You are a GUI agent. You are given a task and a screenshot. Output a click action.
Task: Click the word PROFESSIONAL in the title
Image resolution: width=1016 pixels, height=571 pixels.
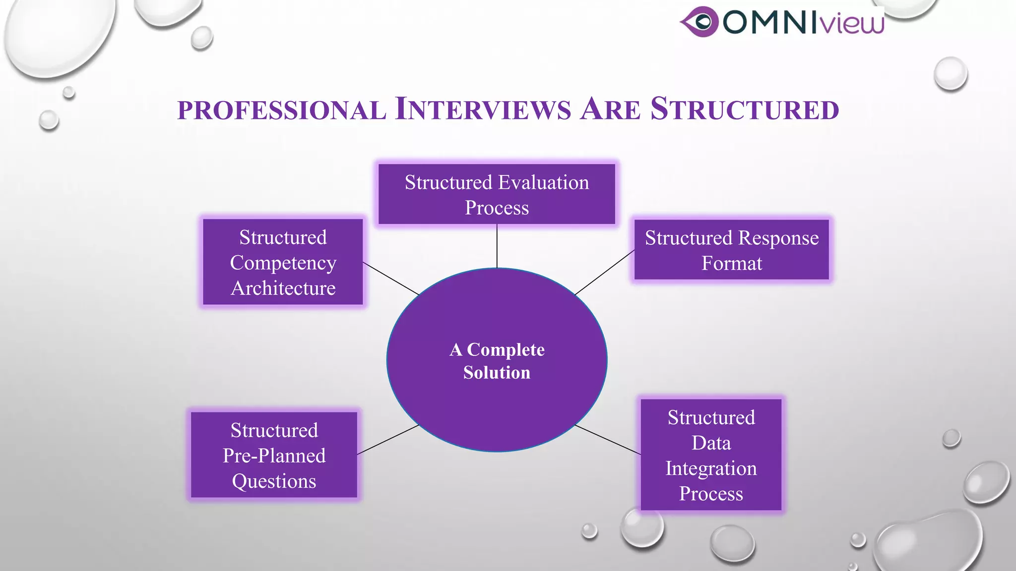[281, 110]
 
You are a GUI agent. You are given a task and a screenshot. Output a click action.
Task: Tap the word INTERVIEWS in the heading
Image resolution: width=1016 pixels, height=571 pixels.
[483, 109]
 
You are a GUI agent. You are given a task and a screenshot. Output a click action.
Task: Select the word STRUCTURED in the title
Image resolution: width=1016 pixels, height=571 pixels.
[744, 109]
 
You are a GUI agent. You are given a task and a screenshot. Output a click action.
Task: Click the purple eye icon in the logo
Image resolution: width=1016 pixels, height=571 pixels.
[699, 22]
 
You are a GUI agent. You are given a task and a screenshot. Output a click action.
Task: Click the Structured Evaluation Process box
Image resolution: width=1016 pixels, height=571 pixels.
[497, 194]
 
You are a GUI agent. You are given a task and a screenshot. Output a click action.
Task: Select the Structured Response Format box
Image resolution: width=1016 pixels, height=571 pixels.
[732, 250]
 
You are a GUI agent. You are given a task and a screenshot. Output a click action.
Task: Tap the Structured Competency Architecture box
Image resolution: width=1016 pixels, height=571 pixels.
[283, 262]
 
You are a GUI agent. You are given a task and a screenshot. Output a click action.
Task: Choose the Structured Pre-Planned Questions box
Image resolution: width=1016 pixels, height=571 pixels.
[274, 455]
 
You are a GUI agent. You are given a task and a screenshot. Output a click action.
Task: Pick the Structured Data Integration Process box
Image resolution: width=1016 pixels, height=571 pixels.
[711, 455]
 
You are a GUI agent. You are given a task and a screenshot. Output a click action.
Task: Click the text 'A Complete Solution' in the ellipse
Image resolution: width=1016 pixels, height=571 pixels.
[497, 361]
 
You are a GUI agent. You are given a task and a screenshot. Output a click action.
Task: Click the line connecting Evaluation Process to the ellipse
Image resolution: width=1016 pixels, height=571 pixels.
[497, 246]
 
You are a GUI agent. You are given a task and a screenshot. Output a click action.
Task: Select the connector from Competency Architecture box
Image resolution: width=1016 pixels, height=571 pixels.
[391, 279]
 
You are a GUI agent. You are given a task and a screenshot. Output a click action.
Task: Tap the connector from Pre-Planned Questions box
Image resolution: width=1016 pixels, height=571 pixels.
[388, 440]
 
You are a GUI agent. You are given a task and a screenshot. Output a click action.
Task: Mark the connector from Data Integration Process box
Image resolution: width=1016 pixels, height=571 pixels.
[607, 440]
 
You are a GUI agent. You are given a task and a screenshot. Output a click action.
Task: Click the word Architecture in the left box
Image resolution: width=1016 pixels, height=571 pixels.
[283, 288]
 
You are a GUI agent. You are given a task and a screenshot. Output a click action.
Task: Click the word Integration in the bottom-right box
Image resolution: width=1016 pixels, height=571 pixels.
[711, 468]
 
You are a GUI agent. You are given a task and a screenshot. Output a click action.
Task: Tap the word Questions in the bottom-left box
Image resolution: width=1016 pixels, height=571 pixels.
[274, 481]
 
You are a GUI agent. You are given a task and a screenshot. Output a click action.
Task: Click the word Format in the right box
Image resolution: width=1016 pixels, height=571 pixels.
[732, 263]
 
